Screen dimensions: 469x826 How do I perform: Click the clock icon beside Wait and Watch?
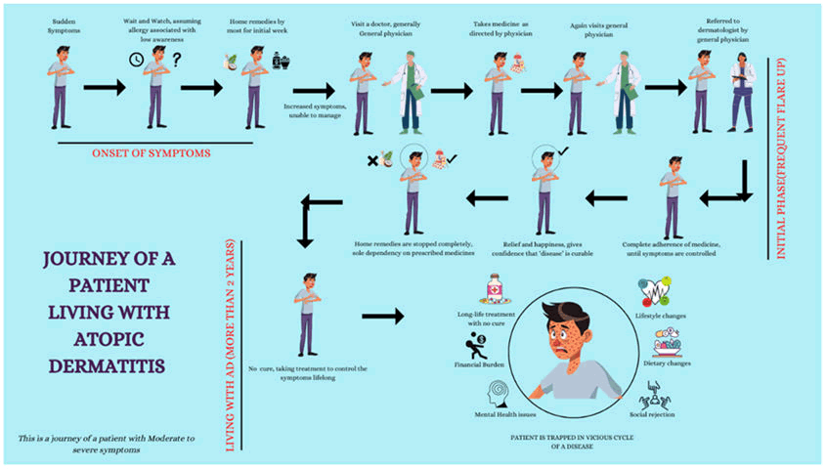(x=136, y=59)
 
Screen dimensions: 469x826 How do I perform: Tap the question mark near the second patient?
(x=177, y=59)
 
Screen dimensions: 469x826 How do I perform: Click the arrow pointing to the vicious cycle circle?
(x=382, y=317)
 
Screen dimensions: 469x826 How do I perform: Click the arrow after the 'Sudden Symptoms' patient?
(x=105, y=88)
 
